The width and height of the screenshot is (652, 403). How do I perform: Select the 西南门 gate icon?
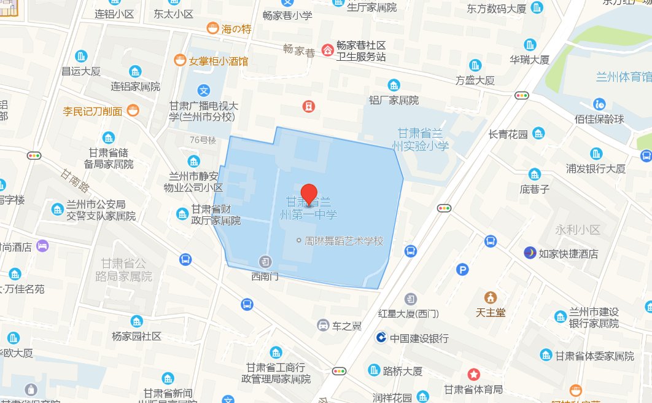(265, 261)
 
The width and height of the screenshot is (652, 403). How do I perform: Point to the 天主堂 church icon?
(490, 297)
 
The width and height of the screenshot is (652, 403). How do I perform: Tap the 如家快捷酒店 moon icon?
(529, 252)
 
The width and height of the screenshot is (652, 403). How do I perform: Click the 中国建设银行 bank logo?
(381, 338)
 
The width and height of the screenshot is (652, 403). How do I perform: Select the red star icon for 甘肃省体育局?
(473, 374)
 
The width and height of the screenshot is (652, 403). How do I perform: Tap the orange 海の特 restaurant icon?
(212, 28)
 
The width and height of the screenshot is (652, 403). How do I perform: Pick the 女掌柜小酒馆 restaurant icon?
(179, 60)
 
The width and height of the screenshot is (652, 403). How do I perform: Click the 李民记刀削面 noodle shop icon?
(133, 111)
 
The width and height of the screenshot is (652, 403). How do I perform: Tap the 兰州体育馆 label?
(623, 77)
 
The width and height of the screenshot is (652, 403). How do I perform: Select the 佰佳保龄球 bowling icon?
(599, 103)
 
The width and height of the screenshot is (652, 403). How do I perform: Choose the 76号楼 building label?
(203, 140)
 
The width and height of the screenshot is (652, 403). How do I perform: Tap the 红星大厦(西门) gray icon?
(409, 299)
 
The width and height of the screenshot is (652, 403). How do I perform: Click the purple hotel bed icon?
(42, 246)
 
